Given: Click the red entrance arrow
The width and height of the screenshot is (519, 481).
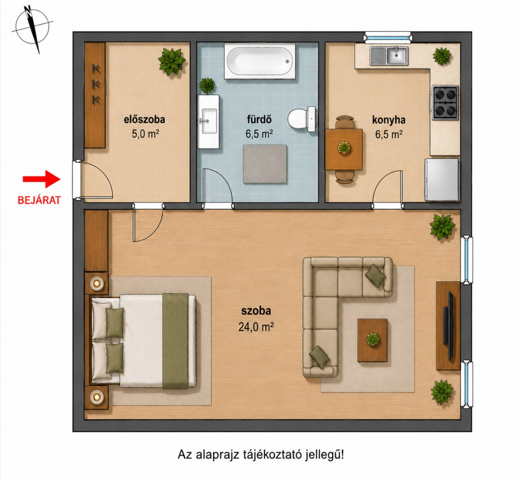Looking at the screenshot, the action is click(42, 179).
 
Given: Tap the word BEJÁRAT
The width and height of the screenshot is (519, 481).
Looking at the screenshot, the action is click(39, 201).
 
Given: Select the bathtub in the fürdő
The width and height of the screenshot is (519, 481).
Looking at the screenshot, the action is click(260, 61).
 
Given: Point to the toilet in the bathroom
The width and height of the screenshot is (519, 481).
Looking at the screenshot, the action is click(302, 119).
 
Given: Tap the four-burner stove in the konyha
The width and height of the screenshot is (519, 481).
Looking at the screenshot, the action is click(445, 102).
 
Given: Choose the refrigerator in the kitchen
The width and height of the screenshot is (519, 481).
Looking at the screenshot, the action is click(442, 180).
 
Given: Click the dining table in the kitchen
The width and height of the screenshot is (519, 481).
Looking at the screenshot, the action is click(344, 149).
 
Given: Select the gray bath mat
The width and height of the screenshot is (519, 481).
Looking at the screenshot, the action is click(265, 164).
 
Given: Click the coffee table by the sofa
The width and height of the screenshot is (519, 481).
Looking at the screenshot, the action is click(373, 340).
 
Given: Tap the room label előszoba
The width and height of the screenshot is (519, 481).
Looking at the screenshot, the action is click(144, 119).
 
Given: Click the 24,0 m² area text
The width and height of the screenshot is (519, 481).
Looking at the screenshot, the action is click(256, 327).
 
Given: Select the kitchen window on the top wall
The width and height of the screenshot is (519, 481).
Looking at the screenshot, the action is click(388, 37).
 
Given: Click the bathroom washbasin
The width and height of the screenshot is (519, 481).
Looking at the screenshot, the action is click(208, 122).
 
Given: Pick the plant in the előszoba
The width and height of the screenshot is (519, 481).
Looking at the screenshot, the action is click(171, 61).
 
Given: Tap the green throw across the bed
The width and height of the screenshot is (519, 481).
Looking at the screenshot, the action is click(175, 341).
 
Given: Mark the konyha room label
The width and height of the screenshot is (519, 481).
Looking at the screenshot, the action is click(389, 119).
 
